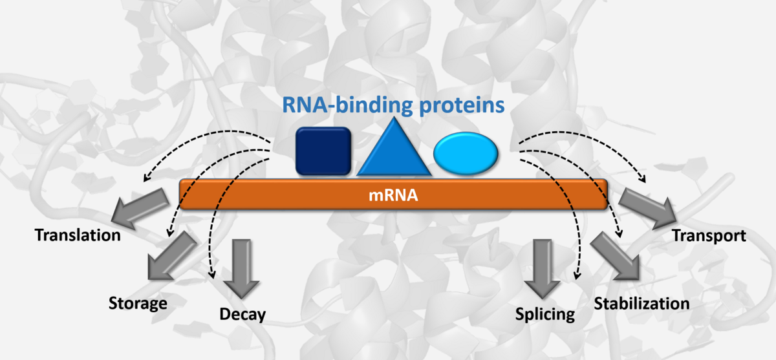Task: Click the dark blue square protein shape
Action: [323, 151]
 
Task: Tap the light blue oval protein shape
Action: [466, 153]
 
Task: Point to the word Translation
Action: [78, 235]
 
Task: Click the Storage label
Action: [138, 303]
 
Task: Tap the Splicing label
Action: [545, 315]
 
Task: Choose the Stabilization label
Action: [641, 303]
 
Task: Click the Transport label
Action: [709, 235]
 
